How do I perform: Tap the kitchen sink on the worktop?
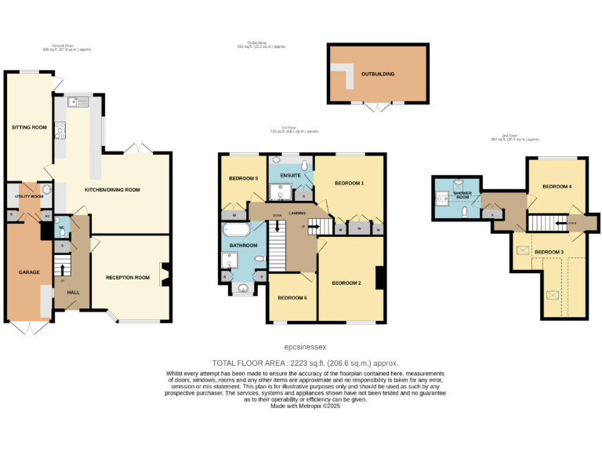click(x=79, y=101)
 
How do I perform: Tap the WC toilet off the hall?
click(x=62, y=231)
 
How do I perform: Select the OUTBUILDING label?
click(x=378, y=74)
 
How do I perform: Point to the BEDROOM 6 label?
click(x=293, y=297)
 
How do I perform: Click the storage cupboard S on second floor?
click(x=491, y=213)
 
